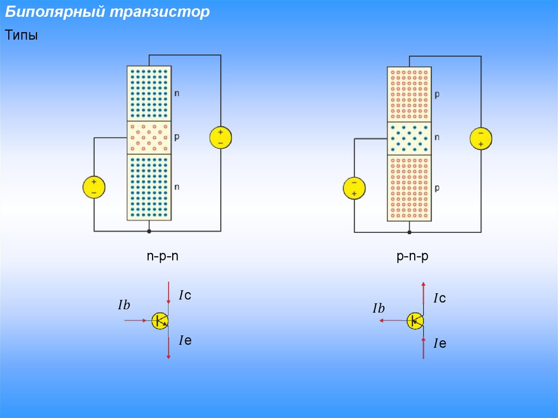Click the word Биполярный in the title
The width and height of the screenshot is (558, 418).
click(55, 12)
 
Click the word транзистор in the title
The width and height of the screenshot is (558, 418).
click(160, 12)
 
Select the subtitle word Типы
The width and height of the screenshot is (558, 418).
click(21, 35)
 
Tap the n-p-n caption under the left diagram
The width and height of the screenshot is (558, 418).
click(162, 256)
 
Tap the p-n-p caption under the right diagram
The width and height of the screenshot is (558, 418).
click(413, 256)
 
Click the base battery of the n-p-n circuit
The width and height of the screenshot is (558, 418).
click(94, 187)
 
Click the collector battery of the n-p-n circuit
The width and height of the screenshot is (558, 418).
click(221, 137)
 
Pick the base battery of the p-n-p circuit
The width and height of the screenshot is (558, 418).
click(354, 188)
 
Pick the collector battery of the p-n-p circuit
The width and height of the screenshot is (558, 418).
click(481, 138)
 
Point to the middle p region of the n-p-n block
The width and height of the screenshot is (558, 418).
click(149, 137)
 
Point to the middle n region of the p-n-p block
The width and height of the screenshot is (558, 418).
click(409, 138)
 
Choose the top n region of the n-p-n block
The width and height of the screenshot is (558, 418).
click(149, 94)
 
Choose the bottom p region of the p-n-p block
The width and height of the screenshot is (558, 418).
click(409, 188)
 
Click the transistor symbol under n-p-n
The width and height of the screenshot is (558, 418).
click(160, 320)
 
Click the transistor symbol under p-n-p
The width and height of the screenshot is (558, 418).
click(415, 321)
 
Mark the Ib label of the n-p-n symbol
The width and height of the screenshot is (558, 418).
click(124, 305)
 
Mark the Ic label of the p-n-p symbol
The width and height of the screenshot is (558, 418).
click(440, 298)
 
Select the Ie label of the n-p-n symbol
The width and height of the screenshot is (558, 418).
click(185, 341)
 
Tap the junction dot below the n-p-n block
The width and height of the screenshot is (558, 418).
click(149, 232)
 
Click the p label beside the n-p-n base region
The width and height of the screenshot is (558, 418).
click(177, 137)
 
